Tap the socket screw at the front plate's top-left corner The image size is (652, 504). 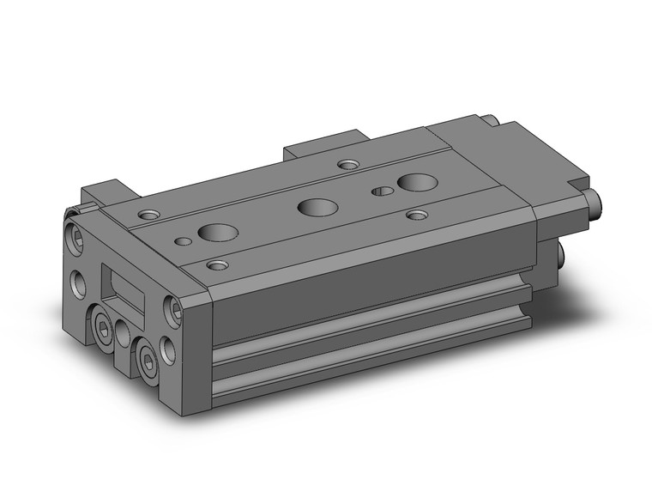(x=75, y=232)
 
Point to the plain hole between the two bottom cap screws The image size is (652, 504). (x=126, y=334)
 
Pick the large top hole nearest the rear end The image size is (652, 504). (x=416, y=181)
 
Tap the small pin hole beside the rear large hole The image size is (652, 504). (x=381, y=191)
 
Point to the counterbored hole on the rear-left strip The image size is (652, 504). (x=347, y=163)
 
